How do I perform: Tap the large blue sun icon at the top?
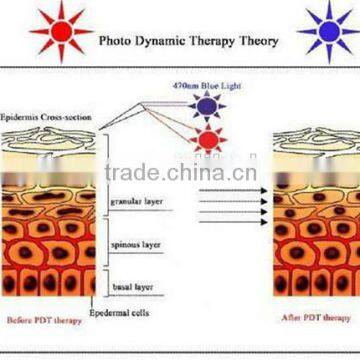tap(325, 31)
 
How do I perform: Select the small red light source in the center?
tap(207, 141)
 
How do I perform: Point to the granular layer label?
tap(133, 201)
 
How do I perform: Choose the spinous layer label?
tap(131, 243)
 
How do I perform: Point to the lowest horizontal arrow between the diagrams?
tap(232, 222)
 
